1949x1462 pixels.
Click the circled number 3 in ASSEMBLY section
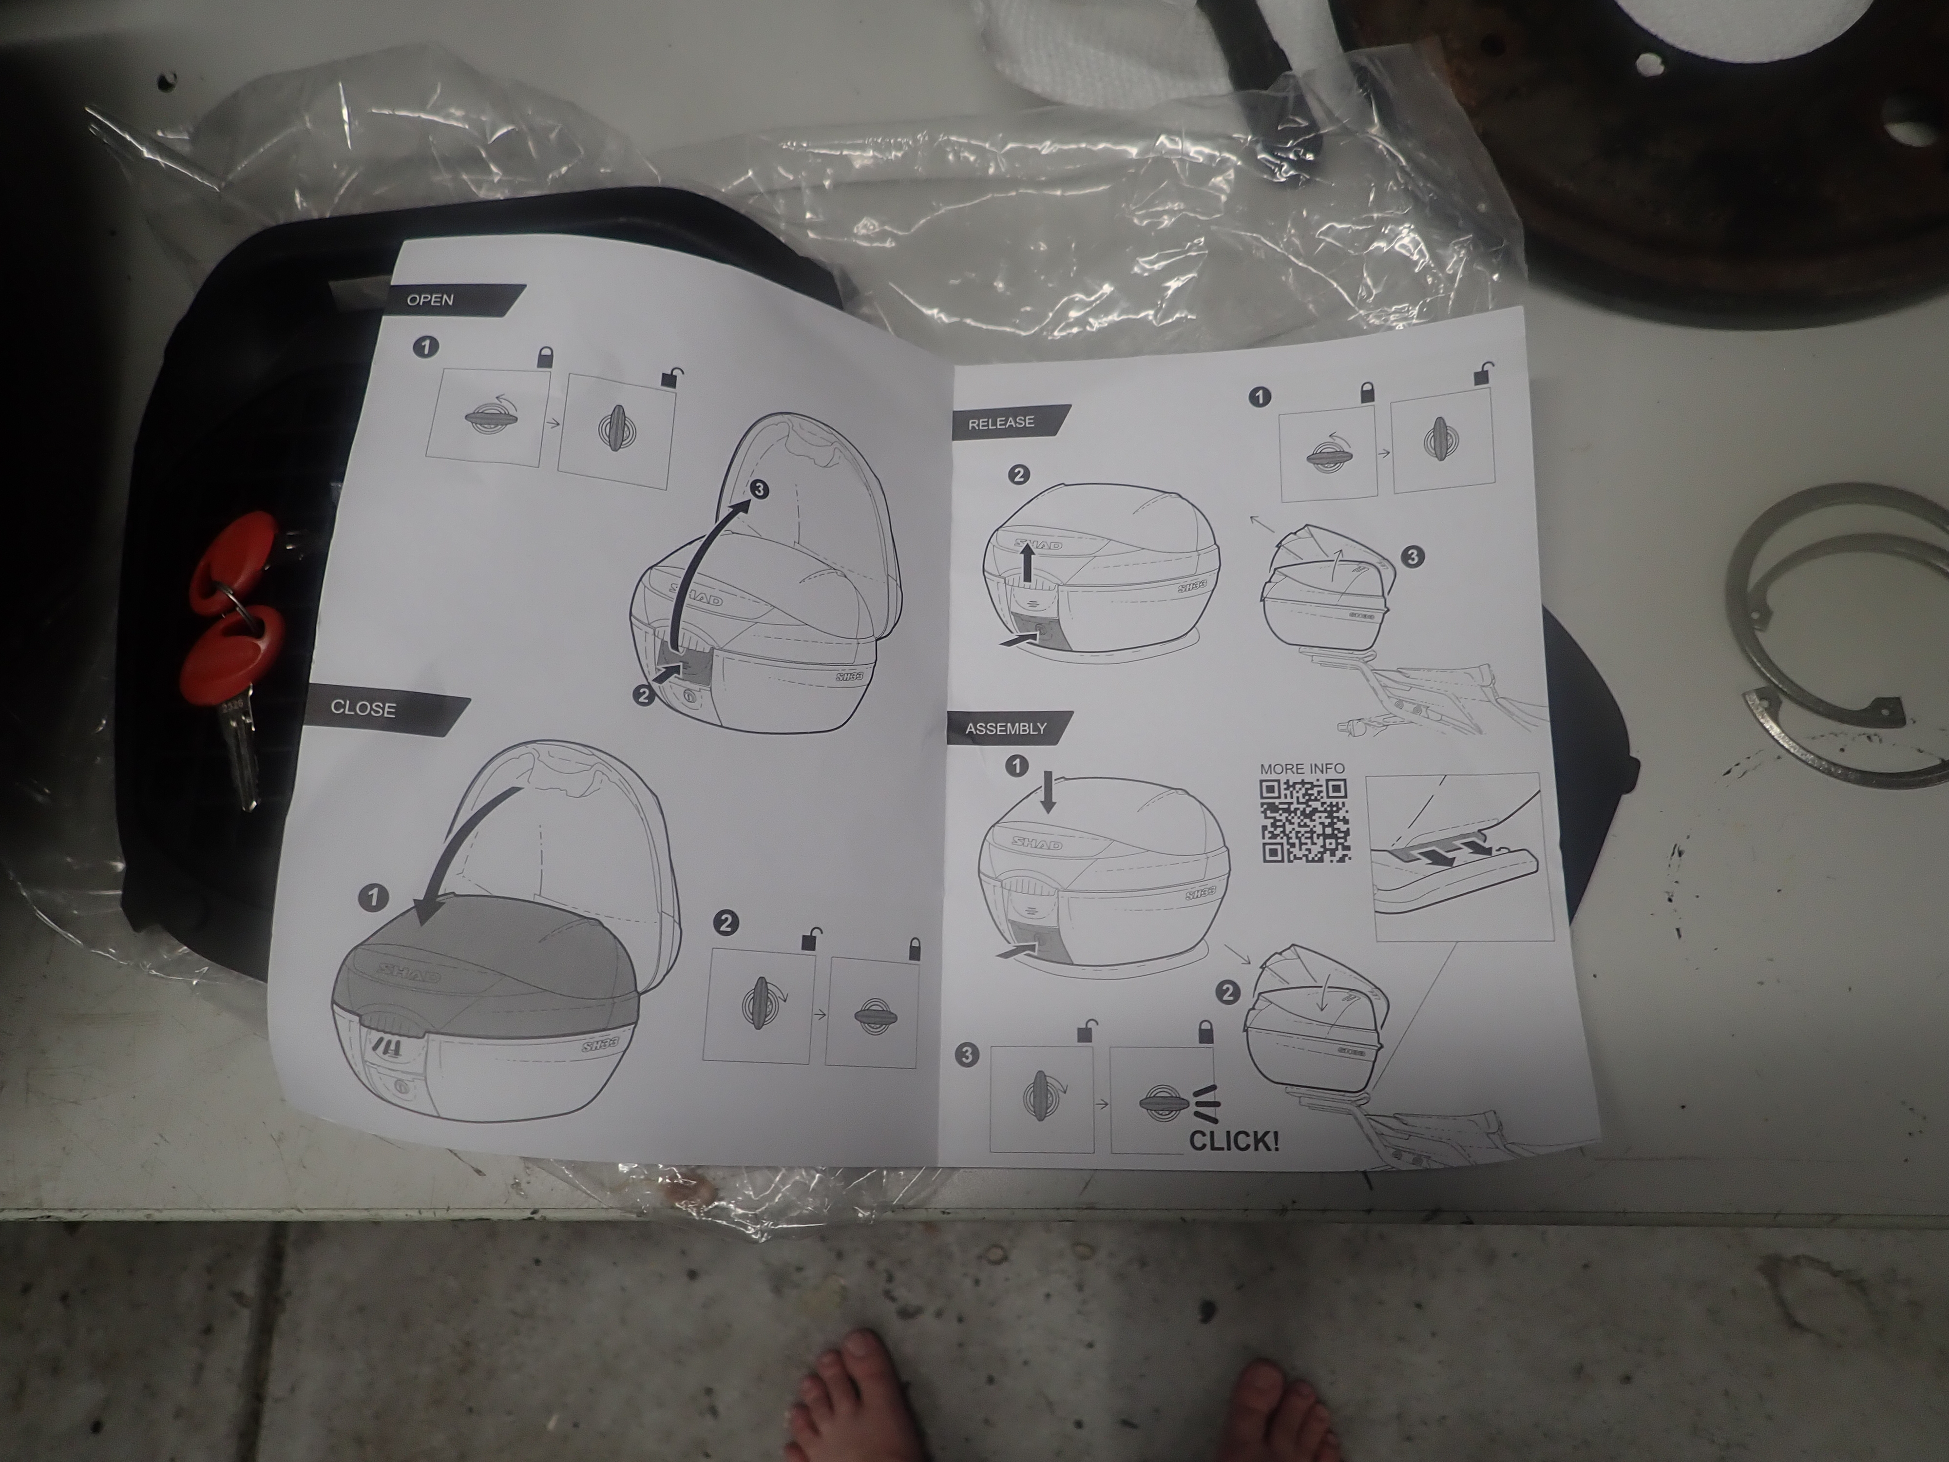[968, 1056]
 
